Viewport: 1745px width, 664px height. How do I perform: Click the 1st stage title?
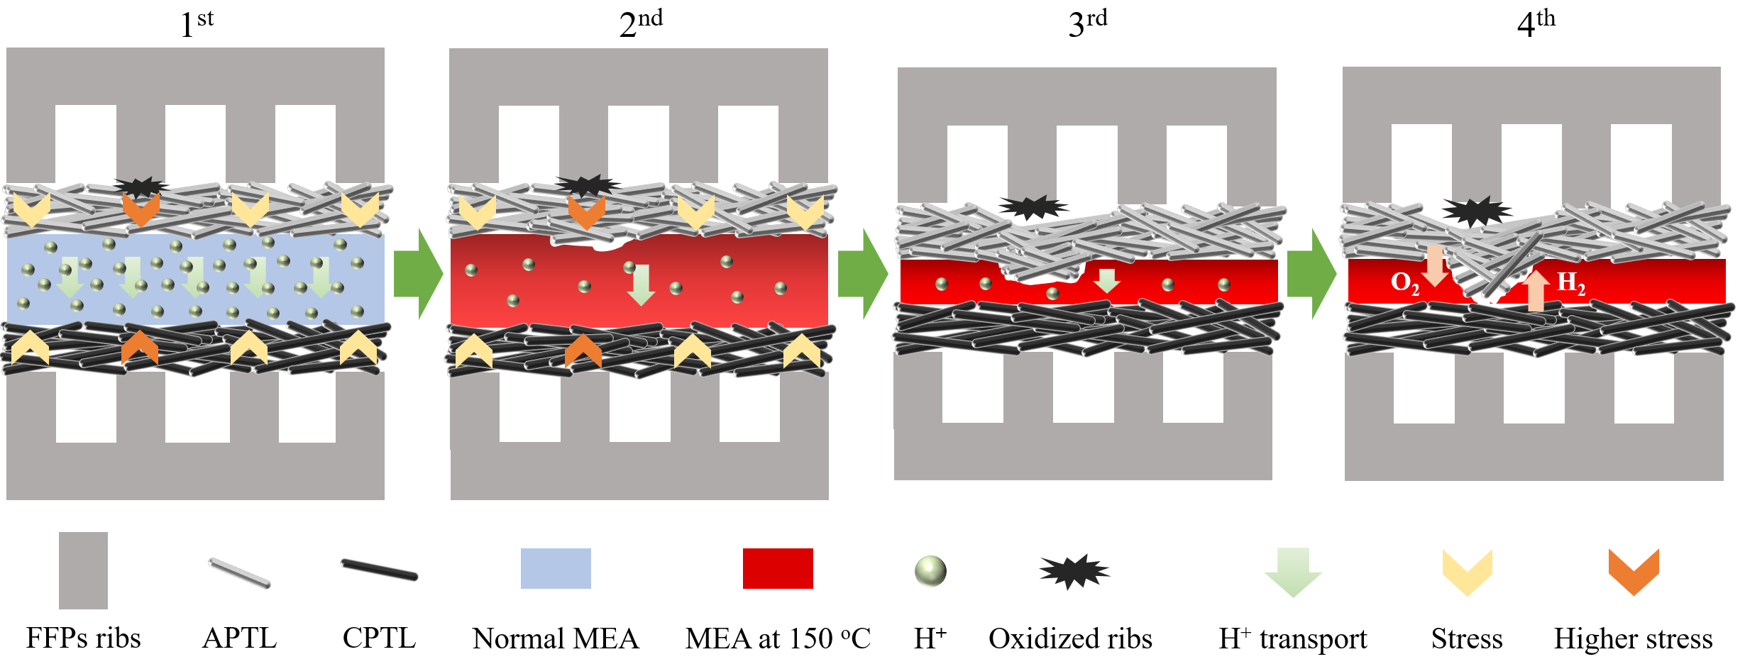click(197, 23)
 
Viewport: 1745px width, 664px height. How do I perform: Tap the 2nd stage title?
click(640, 23)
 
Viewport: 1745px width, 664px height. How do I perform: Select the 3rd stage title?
click(1087, 23)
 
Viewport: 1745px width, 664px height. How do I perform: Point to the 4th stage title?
click(1536, 23)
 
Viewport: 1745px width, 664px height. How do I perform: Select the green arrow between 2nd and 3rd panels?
click(863, 274)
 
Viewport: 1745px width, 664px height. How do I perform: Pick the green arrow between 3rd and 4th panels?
click(1311, 274)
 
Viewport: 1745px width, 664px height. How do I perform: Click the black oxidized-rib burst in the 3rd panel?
click(1033, 207)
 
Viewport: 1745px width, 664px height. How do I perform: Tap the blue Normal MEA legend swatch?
click(556, 568)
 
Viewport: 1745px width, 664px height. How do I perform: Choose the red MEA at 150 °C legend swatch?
click(778, 568)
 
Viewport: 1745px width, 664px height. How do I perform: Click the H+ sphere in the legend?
click(930, 571)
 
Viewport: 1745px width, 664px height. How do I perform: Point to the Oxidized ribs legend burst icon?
click(1074, 571)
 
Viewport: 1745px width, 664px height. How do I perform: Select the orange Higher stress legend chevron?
click(1634, 571)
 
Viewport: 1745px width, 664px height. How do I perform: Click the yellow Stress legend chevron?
click(1468, 571)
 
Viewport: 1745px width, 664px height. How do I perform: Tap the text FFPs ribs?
click(84, 638)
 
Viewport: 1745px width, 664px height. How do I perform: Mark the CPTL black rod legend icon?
click(380, 570)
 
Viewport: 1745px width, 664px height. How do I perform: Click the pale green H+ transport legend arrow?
click(1293, 571)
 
